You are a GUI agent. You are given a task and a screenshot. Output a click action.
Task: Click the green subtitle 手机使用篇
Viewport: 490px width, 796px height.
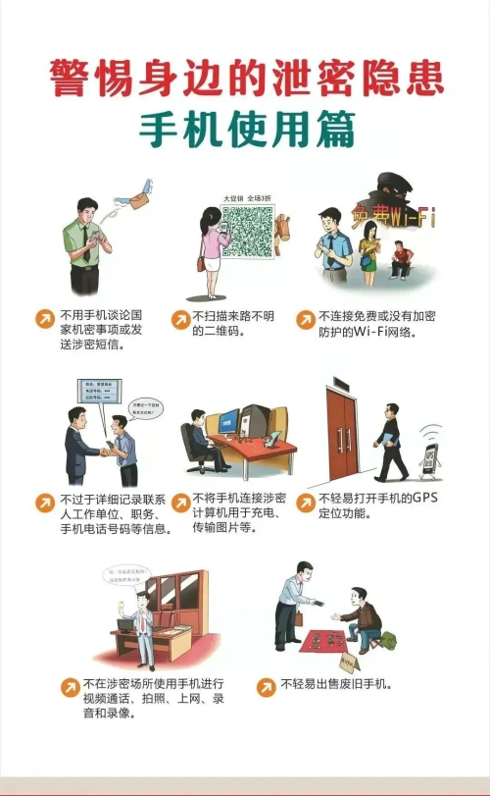click(244, 128)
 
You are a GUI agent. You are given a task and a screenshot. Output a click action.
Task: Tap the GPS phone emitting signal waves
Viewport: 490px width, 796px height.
click(429, 457)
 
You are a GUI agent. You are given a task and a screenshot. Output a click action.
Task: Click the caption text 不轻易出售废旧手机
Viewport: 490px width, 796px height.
click(336, 684)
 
